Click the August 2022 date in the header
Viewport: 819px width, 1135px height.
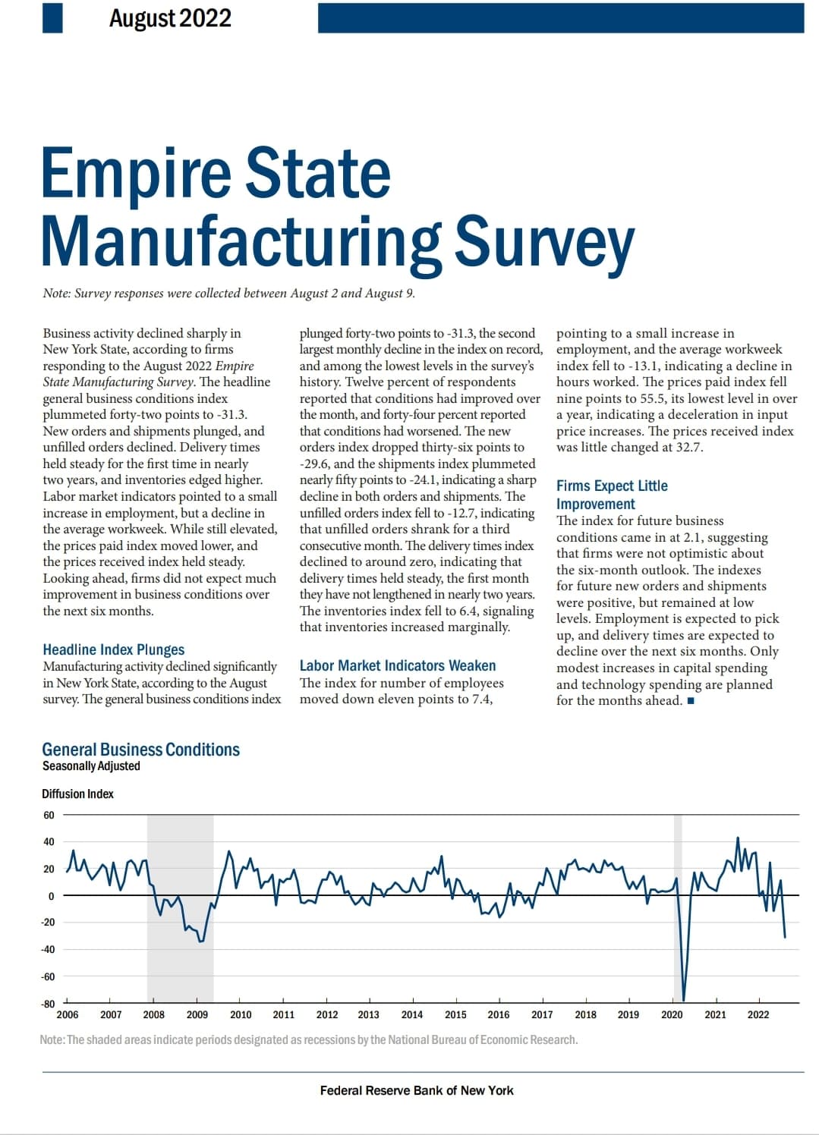click(170, 18)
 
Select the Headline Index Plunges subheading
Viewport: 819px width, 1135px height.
click(114, 649)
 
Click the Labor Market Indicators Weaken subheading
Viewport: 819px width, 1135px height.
click(398, 665)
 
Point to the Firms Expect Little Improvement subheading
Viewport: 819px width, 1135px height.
click(612, 495)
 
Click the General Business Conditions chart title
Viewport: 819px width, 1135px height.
click(141, 750)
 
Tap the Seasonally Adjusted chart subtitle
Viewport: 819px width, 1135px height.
click(91, 766)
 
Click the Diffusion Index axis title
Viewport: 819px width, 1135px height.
click(77, 794)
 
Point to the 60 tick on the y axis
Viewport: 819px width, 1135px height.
click(49, 816)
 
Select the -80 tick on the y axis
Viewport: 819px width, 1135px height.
click(48, 1005)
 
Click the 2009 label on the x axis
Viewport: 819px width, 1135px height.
click(197, 1015)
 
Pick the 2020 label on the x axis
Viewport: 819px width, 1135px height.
click(672, 1015)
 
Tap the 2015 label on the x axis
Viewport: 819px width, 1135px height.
click(455, 1015)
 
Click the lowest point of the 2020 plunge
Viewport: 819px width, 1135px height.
click(684, 1001)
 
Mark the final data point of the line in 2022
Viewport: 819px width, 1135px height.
click(785, 938)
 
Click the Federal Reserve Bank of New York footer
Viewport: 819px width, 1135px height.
click(417, 1090)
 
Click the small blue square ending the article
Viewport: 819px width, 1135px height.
click(690, 701)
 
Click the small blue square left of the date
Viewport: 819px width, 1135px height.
click(52, 18)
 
